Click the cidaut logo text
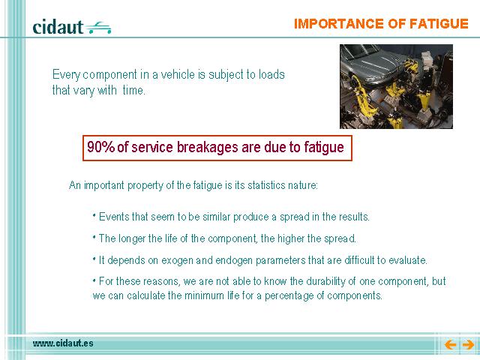[58, 27]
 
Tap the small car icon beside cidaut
[98, 28]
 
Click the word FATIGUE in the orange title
[439, 24]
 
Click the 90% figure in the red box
[100, 147]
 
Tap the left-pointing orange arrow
[450, 345]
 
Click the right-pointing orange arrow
[468, 345]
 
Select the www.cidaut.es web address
[63, 343]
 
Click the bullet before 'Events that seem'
[94, 215]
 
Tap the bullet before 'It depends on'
[94, 258]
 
